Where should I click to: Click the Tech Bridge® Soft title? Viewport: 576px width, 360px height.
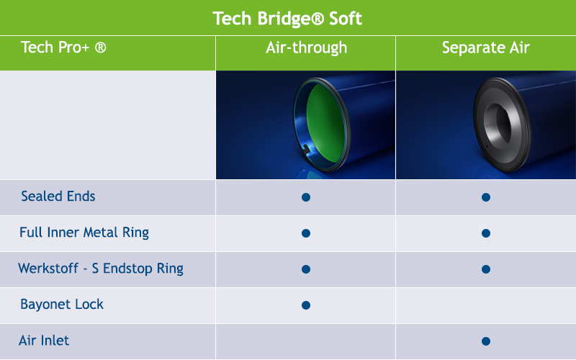[287, 19]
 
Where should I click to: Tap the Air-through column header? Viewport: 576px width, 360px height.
[307, 48]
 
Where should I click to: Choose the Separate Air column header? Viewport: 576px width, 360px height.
[485, 48]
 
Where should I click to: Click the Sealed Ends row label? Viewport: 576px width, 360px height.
[58, 196]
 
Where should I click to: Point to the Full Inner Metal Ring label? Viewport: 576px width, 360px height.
[84, 233]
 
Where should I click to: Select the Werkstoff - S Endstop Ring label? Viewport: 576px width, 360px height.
[101, 269]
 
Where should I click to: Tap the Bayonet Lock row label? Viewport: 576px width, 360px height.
[62, 305]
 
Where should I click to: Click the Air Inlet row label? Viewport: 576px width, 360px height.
[44, 341]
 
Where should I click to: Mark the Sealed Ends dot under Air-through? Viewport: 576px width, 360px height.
[306, 197]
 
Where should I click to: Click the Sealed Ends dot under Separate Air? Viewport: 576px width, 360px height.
[486, 197]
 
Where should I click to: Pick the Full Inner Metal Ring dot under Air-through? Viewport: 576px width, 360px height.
[306, 233]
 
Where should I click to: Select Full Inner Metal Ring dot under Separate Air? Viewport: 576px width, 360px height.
[486, 233]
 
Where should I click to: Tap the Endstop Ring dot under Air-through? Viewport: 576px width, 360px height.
[306, 269]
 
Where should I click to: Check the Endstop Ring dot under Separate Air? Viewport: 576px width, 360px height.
[486, 269]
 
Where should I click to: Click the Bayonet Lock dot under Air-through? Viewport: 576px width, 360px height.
[306, 305]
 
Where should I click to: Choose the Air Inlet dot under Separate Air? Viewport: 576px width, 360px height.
[486, 341]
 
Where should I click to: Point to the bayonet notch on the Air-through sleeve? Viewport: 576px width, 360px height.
[306, 148]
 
